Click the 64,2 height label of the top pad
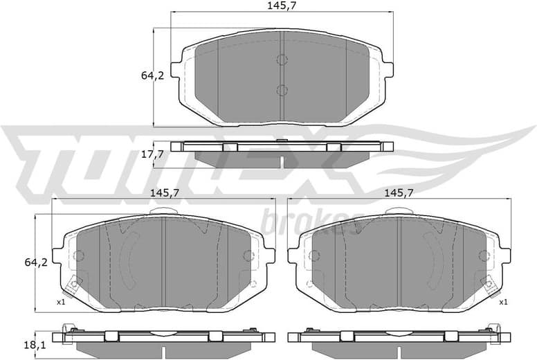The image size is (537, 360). point(152,75)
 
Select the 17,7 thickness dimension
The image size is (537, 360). point(152,154)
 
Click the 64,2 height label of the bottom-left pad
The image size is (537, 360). point(35,262)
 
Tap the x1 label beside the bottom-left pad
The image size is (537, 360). point(60,302)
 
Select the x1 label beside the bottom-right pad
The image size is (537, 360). point(503,302)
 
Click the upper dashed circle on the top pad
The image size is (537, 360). point(282,60)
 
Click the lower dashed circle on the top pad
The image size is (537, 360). point(282,90)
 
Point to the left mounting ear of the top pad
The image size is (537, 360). point(177,69)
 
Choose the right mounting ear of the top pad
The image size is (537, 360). point(387,69)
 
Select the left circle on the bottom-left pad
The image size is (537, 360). point(78,255)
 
